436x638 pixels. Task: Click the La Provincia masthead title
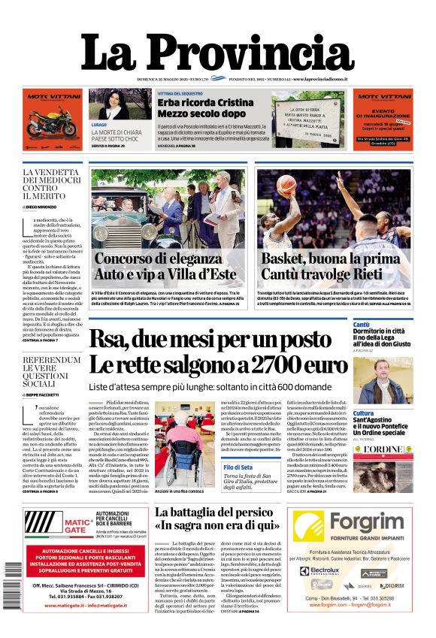tap(217, 52)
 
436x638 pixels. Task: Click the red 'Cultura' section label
tap(364, 413)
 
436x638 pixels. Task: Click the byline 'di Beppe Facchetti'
tap(44, 394)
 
